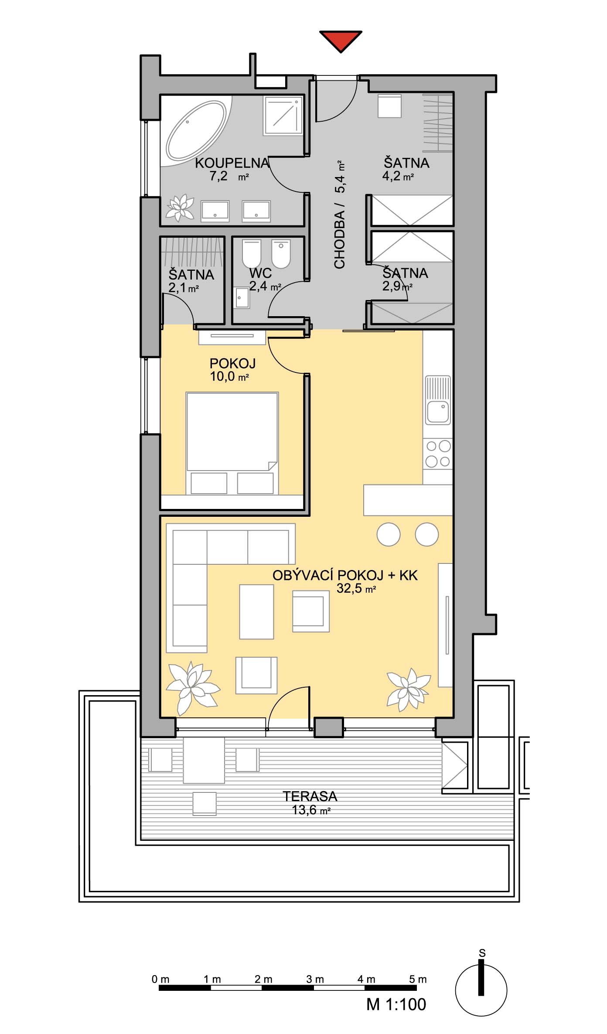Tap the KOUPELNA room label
[232, 163]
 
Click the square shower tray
[283, 116]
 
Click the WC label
[261, 273]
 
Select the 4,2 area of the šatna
[392, 176]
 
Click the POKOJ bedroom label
[232, 363]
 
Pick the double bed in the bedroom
[232, 444]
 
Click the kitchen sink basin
[438, 412]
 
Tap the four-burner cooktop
[438, 454]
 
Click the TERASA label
[310, 796]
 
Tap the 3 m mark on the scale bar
[315, 979]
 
